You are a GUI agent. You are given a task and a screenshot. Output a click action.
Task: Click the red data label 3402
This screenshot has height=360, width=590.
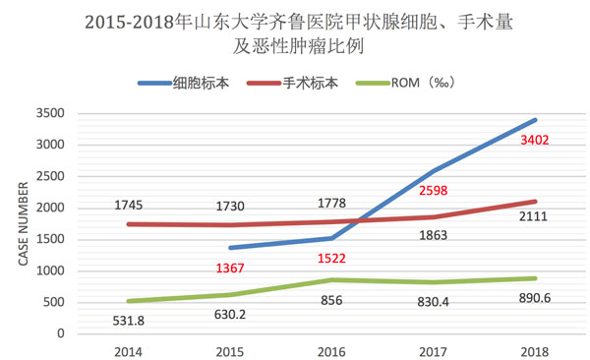click(535, 141)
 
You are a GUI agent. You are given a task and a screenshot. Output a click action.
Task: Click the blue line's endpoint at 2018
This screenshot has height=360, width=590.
click(535, 120)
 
